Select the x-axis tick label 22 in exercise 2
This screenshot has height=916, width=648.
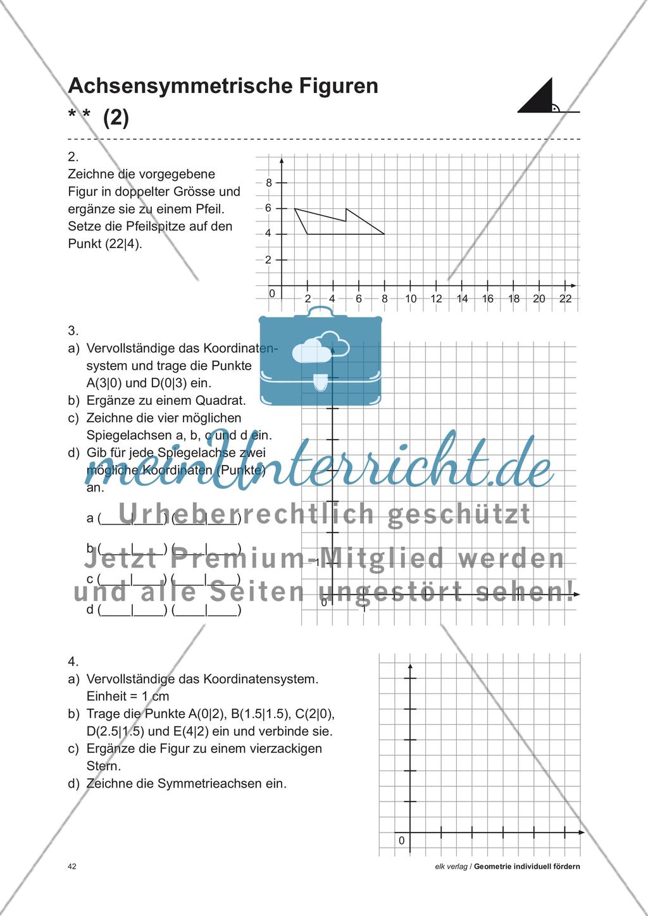point(565,299)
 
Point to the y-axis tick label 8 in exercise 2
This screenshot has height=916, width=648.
point(269,183)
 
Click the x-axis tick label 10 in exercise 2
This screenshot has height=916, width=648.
point(411,299)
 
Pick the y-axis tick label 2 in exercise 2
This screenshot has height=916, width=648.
point(268,260)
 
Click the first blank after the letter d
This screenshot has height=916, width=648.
point(116,610)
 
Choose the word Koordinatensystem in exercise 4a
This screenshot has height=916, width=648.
point(260,679)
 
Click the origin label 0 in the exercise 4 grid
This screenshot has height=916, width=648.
point(401,841)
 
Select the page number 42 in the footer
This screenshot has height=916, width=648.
point(72,867)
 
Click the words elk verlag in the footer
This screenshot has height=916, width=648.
point(451,867)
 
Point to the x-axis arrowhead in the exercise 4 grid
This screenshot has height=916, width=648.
point(581,832)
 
